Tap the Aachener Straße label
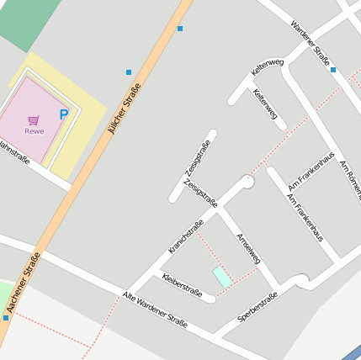[x=24, y=284]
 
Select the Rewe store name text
[x=34, y=131]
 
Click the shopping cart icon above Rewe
[x=34, y=120]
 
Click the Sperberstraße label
[x=257, y=307]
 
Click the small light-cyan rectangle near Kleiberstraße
[x=222, y=276]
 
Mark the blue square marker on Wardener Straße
[x=333, y=70]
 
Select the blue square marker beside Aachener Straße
[x=6, y=318]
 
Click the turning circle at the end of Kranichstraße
[x=247, y=181]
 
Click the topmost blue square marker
[x=180, y=29]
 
